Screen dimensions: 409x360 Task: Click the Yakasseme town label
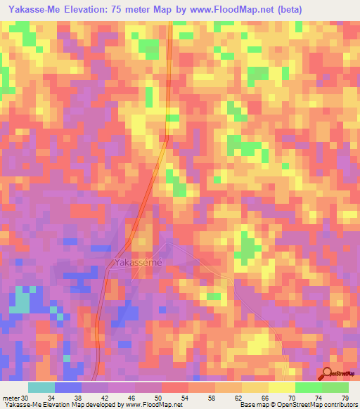coord(138,262)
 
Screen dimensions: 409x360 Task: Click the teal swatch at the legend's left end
coord(41,388)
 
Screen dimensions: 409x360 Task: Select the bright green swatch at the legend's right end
coord(335,388)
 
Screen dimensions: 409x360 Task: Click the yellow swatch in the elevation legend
coord(281,388)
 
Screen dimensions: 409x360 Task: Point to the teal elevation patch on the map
coord(20,301)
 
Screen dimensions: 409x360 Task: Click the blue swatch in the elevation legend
coord(68,388)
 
